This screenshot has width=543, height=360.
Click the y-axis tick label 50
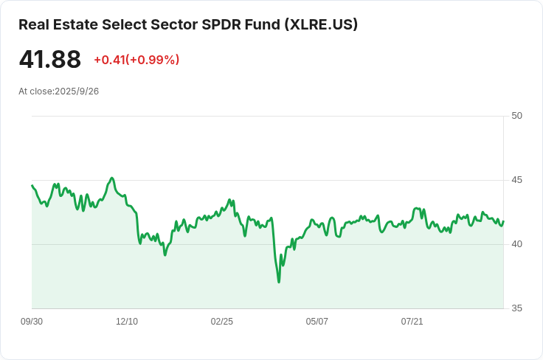516,116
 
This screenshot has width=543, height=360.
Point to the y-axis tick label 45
516,180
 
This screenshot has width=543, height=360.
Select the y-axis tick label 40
516,244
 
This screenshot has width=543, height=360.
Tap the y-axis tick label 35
516,308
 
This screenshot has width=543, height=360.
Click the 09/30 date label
32,322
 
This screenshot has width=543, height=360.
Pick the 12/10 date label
127,322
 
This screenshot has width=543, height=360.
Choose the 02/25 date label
222,322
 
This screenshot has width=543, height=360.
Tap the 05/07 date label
317,322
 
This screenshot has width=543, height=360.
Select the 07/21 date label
412,322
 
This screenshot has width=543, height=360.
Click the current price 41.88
49,60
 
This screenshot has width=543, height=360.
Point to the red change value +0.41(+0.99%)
136,60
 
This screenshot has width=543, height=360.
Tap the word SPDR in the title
220,24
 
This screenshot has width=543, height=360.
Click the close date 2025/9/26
77,91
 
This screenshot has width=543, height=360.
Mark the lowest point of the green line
279,282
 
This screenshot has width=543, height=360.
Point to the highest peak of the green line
111,178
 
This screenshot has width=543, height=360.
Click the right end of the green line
503,221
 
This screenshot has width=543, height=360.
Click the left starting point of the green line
32,186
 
